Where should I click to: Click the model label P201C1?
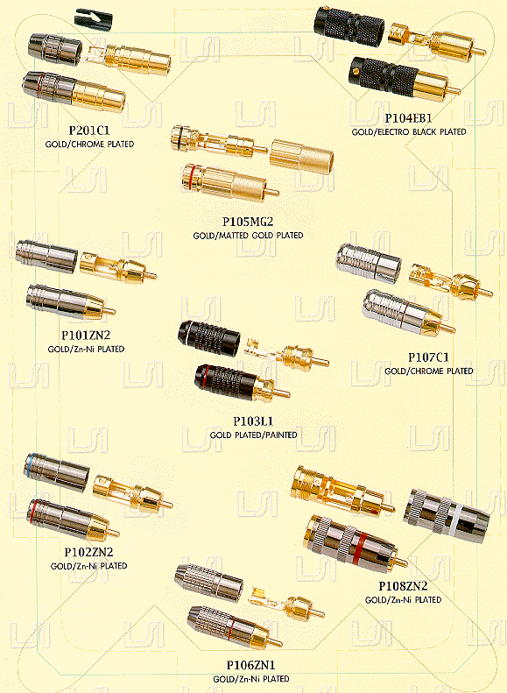pos(88,131)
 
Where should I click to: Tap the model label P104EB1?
pos(408,118)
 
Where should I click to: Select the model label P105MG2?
pos(250,222)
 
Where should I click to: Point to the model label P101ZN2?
pos(86,336)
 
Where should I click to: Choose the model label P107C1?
pos(428,357)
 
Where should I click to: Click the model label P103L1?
pos(253,421)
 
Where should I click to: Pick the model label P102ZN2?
pos(88,552)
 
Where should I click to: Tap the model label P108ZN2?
pos(403,586)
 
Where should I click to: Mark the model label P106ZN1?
pos(250,665)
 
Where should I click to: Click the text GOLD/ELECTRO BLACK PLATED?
pos(409,131)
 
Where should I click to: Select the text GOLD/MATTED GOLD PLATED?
pos(248,235)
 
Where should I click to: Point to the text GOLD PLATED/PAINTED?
pos(254,435)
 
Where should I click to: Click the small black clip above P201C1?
pos(93,20)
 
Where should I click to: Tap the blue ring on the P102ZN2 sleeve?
pos(29,465)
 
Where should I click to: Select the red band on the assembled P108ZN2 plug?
pos(360,547)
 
